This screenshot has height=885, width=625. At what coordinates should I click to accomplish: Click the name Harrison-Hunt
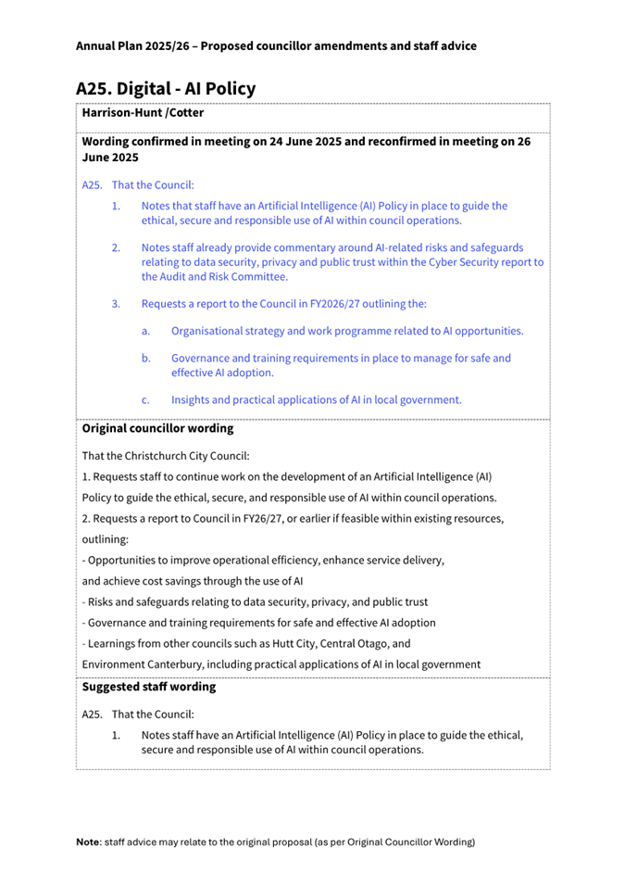(120, 113)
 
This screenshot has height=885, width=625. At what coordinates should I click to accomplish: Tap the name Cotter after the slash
(185, 113)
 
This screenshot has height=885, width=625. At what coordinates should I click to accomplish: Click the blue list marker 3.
(116, 303)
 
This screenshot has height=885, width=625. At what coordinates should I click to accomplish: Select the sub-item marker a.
(146, 331)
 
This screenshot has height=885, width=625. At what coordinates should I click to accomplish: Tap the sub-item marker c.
(146, 400)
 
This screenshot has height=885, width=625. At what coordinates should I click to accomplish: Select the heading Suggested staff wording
(148, 688)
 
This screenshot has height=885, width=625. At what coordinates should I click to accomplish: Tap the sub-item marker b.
(146, 359)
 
